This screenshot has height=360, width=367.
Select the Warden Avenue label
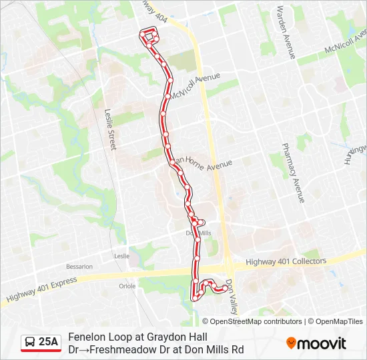[x=285, y=33]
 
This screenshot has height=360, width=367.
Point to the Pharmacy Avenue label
[x=294, y=172]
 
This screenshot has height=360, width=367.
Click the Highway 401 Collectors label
[x=286, y=261]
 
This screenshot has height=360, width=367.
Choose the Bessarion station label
[x=79, y=267]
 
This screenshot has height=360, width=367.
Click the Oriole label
[x=127, y=286]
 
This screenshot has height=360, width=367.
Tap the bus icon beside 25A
[x=30, y=342]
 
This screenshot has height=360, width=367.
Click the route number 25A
[x=48, y=342]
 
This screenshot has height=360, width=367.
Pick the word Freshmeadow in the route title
[x=124, y=349]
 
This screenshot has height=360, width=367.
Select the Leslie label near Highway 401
[x=121, y=255]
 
